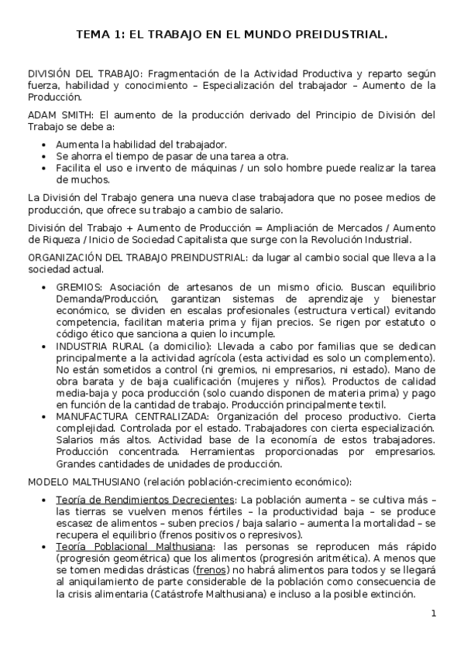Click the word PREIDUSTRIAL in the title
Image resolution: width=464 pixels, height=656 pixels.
(341, 35)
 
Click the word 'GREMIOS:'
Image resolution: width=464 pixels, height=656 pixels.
(79, 285)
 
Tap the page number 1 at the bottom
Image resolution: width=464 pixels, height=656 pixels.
(434, 613)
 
